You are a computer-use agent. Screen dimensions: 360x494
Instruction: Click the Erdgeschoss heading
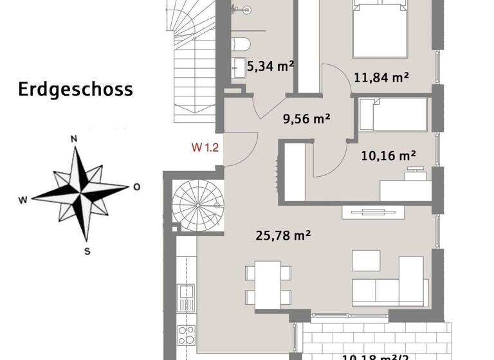pos(75,89)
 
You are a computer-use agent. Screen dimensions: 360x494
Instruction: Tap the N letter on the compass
pos(74,139)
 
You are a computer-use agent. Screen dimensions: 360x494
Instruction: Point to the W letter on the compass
pos(23,200)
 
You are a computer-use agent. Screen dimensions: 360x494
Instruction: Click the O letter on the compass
pos(136,187)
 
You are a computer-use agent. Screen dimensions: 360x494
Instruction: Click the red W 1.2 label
pos(205,147)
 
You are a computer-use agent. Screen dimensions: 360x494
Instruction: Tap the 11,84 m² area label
pos(381,78)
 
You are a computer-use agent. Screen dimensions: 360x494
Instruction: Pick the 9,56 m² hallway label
pos(306,118)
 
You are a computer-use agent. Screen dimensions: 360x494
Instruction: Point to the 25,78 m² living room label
pos(284,236)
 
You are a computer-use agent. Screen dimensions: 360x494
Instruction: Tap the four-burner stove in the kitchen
pos(186,336)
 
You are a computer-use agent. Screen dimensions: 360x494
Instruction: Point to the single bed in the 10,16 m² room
pos(392,114)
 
